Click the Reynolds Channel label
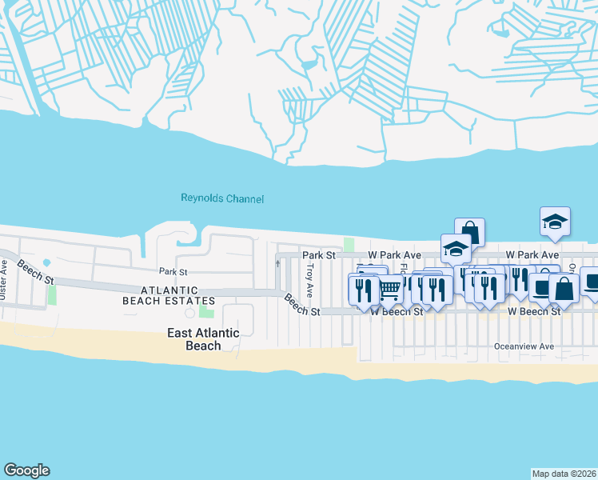(222, 198)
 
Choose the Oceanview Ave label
(524, 346)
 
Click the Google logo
(26, 470)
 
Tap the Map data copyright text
(563, 473)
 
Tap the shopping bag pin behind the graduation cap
(470, 232)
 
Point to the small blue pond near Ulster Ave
(46, 262)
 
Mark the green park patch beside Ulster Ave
(52, 294)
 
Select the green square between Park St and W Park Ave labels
(348, 244)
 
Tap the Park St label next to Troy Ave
(317, 254)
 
